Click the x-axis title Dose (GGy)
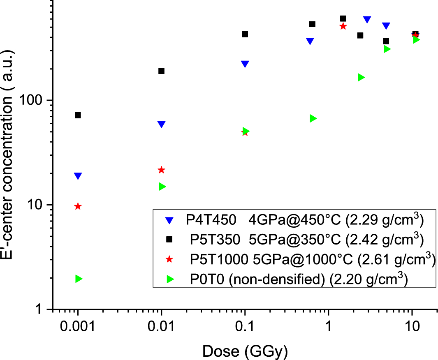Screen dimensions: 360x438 pyautogui.click(x=245, y=352)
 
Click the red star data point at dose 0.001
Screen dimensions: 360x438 pyautogui.click(x=78, y=206)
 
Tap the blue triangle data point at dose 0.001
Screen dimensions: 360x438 pyautogui.click(x=78, y=176)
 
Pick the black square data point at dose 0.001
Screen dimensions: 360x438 pyautogui.click(x=78, y=115)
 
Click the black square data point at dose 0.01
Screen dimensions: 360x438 pyautogui.click(x=161, y=71)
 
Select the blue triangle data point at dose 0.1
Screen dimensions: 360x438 pyautogui.click(x=245, y=64)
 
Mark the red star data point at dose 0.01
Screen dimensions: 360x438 pyautogui.click(x=161, y=170)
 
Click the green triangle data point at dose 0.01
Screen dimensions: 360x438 pyautogui.click(x=162, y=187)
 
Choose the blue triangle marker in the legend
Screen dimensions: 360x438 pyautogui.click(x=169, y=220)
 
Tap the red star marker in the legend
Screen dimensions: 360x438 pyautogui.click(x=169, y=260)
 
